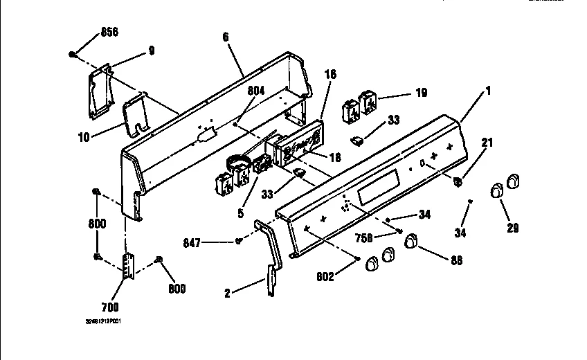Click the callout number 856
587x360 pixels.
tap(109, 32)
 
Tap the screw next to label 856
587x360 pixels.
tap(72, 54)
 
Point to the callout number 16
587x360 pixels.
tap(330, 73)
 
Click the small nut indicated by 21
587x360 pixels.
tap(459, 181)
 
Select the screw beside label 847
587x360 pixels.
tap(239, 241)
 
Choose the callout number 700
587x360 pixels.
tap(109, 307)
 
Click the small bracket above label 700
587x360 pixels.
tap(127, 267)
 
